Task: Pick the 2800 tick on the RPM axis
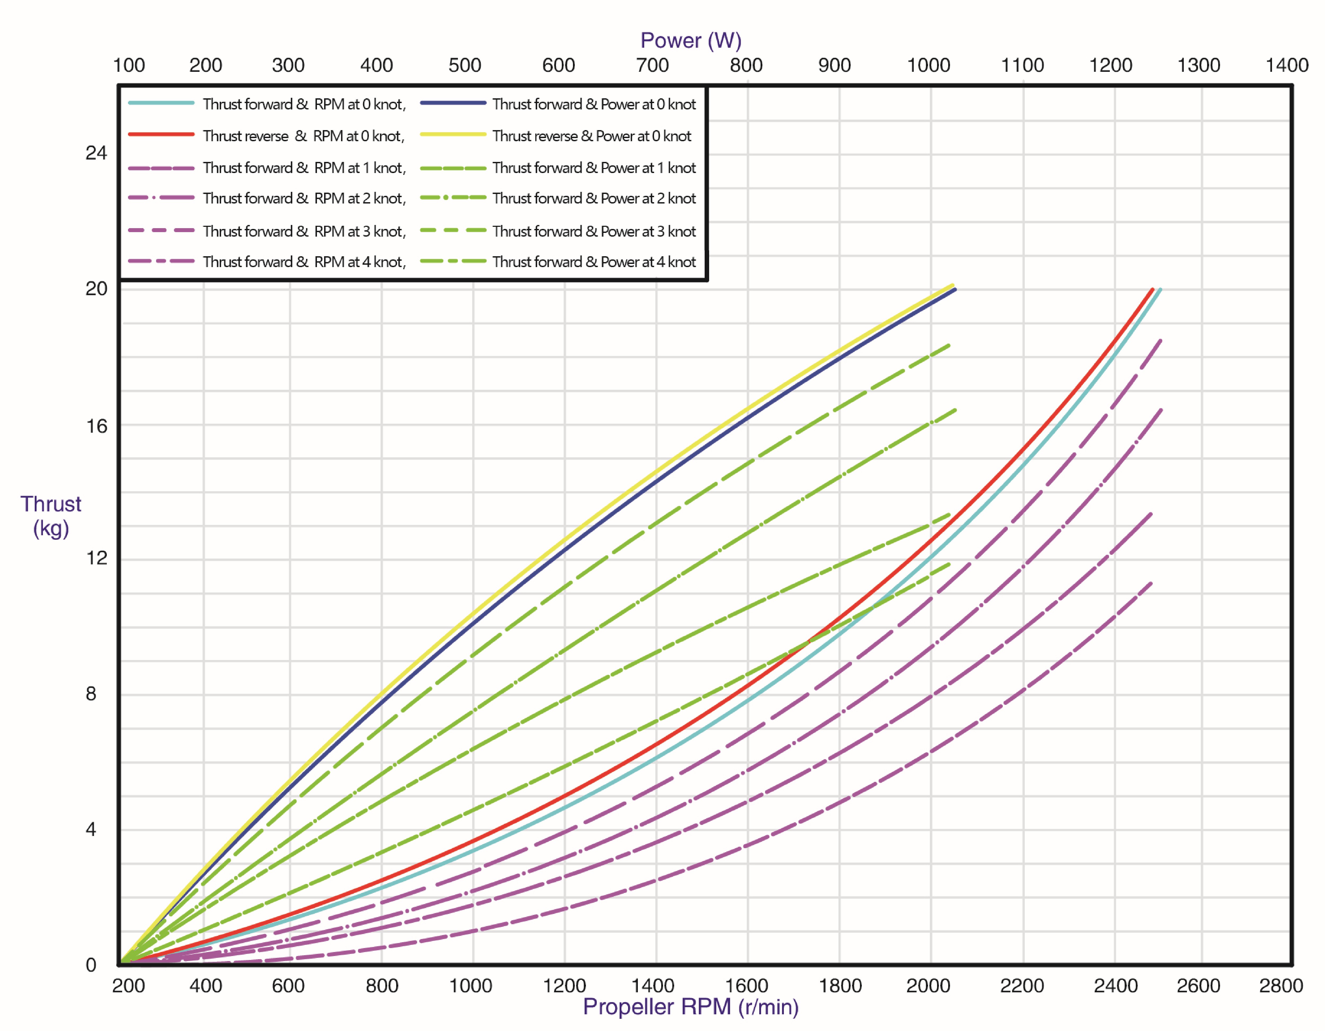tap(1281, 985)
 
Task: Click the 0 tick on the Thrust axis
tap(91, 964)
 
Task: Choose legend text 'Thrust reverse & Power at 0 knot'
tap(591, 136)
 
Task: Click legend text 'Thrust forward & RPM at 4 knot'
tap(304, 262)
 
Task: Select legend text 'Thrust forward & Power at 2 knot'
tap(594, 198)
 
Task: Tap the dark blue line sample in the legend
tap(453, 103)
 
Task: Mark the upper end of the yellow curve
tap(953, 285)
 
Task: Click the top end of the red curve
tap(1152, 289)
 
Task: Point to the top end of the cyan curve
tap(1160, 289)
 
